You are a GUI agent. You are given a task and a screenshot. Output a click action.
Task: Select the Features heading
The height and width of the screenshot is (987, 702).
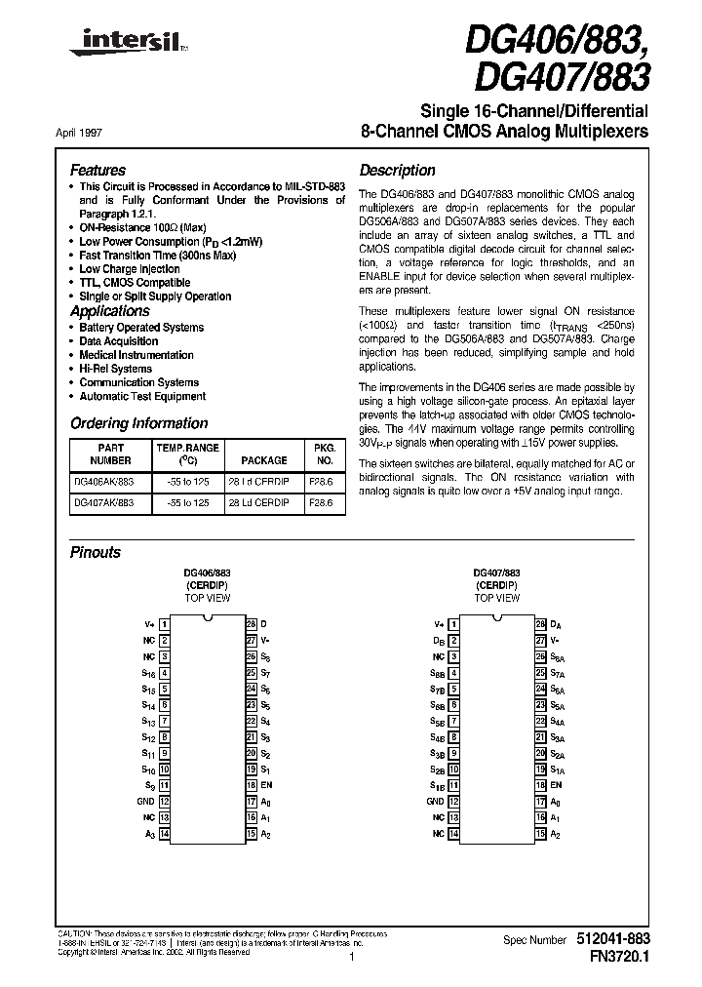pyautogui.click(x=97, y=170)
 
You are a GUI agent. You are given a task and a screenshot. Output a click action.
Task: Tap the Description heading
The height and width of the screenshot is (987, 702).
pyautogui.click(x=397, y=170)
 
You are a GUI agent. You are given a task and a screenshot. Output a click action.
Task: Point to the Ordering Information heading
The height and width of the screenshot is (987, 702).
pyautogui.click(x=138, y=423)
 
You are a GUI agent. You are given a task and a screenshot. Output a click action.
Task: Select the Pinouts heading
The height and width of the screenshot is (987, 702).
pyautogui.click(x=96, y=552)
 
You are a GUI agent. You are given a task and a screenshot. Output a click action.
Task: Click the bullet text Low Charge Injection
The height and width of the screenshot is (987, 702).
pyautogui.click(x=129, y=268)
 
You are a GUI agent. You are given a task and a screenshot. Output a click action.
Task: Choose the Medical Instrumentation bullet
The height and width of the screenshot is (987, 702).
pyautogui.click(x=136, y=355)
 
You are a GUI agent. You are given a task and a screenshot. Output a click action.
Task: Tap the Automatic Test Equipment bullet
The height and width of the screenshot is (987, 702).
pyautogui.click(x=142, y=396)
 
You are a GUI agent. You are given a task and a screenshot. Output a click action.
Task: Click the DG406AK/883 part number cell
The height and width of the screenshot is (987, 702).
pyautogui.click(x=103, y=483)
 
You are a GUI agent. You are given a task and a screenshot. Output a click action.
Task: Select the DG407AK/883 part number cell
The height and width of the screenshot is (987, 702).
pyautogui.click(x=103, y=503)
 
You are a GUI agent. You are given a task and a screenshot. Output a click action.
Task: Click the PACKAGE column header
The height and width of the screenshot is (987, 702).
pyautogui.click(x=264, y=459)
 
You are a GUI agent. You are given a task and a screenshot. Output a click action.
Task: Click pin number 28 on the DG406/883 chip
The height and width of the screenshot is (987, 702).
pyautogui.click(x=251, y=623)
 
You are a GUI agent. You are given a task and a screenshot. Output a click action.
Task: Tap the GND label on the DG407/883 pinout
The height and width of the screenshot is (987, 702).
pyautogui.click(x=436, y=801)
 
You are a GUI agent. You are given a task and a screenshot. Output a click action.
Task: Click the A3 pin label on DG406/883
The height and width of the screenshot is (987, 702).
pyautogui.click(x=149, y=834)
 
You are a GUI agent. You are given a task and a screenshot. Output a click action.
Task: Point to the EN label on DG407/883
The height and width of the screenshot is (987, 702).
pyautogui.click(x=557, y=784)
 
